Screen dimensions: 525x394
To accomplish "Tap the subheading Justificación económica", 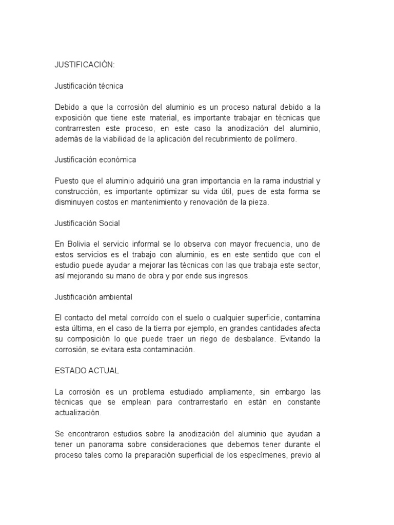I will coord(95,159).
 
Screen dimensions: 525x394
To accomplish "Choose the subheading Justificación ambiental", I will coord(94,297).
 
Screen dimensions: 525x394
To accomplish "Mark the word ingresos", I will coord(232,276).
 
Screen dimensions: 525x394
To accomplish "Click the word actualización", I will coord(78,413).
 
